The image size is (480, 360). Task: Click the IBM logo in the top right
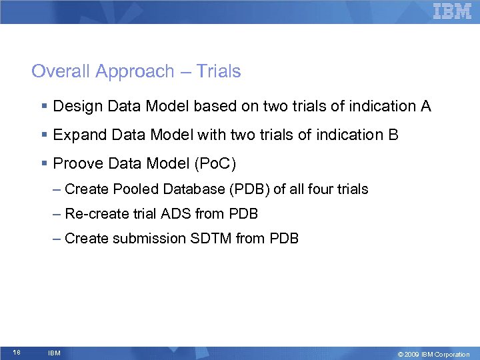[x=452, y=11]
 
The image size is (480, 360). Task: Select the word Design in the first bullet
[x=75, y=107]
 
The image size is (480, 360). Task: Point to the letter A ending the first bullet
[x=425, y=106]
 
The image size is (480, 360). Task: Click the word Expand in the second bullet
[x=76, y=135]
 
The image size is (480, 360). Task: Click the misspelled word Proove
[x=75, y=164]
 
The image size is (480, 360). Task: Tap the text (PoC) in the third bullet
[x=217, y=164]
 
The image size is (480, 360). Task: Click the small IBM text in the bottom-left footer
[x=55, y=353]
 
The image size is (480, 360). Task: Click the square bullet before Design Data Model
[x=43, y=107]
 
